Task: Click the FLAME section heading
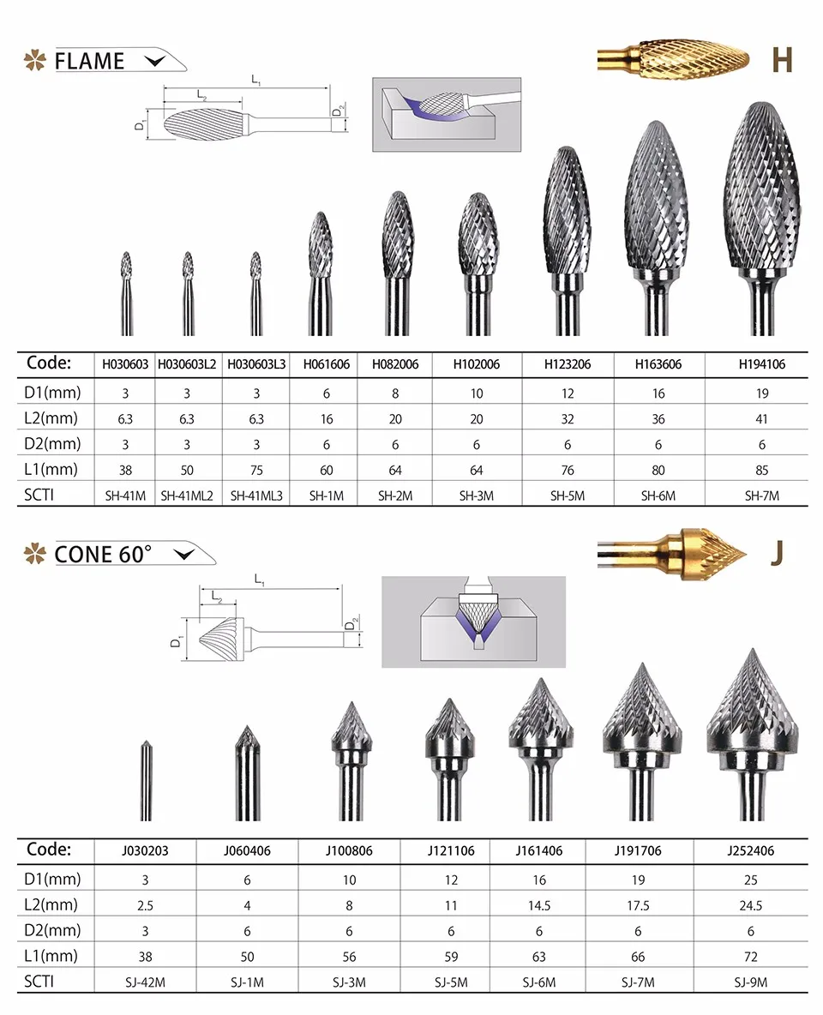click(x=89, y=61)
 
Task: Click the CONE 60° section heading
click(x=103, y=554)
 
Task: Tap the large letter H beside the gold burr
click(x=782, y=59)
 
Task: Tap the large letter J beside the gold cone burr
click(x=777, y=554)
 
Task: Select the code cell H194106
click(x=761, y=364)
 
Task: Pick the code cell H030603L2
click(x=187, y=364)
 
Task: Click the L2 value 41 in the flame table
click(x=761, y=419)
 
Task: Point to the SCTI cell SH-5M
click(x=568, y=495)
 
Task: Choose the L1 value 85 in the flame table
click(x=761, y=470)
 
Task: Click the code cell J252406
click(x=750, y=850)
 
